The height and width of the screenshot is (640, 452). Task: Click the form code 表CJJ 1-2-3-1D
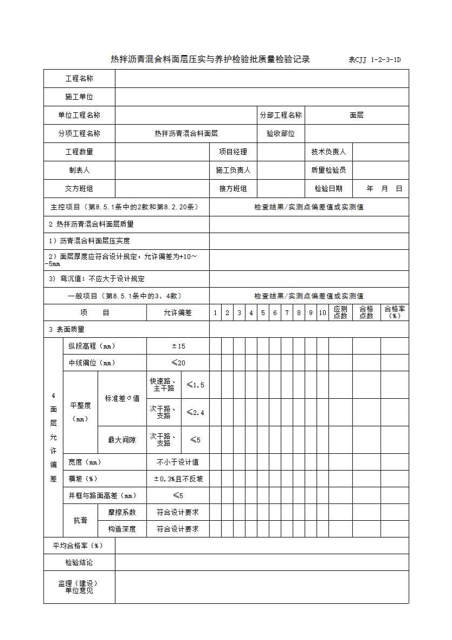click(x=375, y=60)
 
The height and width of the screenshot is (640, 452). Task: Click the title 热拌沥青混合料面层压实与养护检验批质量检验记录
click(x=210, y=59)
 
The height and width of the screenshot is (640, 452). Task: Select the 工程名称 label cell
click(x=79, y=79)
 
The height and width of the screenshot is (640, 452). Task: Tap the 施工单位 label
click(x=79, y=97)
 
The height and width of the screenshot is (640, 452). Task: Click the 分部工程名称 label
click(x=280, y=115)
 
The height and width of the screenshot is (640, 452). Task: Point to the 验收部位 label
click(x=280, y=134)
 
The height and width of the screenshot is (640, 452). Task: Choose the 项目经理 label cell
click(x=233, y=152)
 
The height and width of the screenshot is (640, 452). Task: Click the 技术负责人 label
click(x=328, y=152)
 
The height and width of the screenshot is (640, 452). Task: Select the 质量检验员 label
click(x=328, y=171)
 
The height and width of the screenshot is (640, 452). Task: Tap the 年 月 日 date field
click(x=384, y=189)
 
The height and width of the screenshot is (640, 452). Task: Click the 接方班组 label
click(x=233, y=189)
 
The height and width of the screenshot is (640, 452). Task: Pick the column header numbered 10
click(x=322, y=312)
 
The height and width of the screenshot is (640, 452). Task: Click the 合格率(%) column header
click(x=395, y=312)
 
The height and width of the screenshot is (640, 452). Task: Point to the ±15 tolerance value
click(x=178, y=346)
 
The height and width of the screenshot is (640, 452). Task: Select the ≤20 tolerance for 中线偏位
click(x=178, y=363)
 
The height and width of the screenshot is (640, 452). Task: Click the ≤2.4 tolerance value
click(x=195, y=413)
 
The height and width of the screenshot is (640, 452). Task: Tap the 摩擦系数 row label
click(x=122, y=513)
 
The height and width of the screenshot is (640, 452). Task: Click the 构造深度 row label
click(x=122, y=529)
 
